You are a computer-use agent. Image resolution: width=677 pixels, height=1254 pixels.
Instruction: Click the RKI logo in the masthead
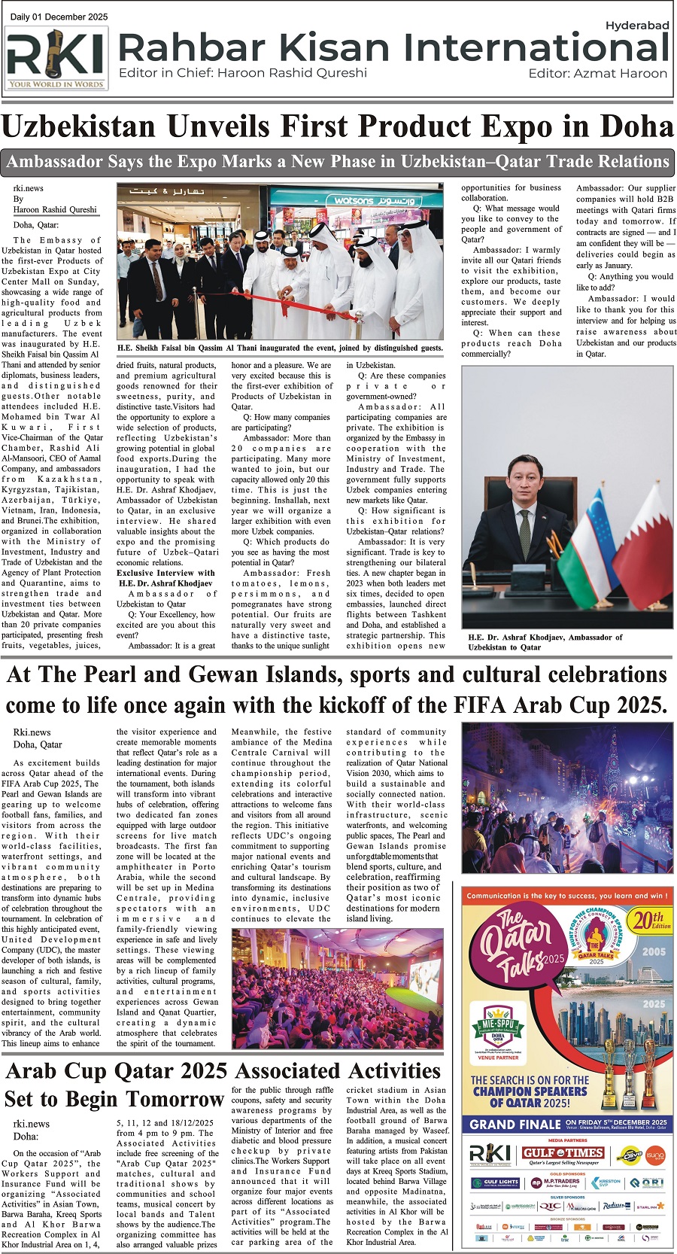56,59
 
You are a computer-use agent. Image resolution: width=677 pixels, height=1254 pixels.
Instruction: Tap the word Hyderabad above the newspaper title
636,26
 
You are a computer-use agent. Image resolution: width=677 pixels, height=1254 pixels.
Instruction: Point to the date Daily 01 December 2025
59,17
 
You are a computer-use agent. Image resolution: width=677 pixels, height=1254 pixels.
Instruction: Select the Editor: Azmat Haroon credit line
597,74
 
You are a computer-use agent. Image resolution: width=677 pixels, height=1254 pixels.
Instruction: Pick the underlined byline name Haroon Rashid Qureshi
55,210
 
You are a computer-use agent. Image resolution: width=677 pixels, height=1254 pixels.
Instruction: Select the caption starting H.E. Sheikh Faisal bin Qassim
280,348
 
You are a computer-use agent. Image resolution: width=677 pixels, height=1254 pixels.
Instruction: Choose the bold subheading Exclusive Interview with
165,573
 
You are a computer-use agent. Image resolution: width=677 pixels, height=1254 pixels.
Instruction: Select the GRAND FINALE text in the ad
515,1125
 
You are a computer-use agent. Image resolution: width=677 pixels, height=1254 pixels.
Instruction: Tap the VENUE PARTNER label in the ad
497,1058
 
